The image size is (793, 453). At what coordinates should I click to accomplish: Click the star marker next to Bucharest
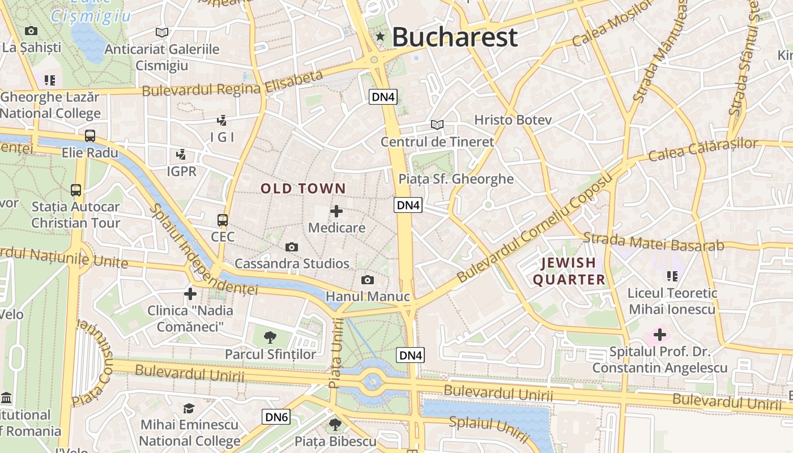380,37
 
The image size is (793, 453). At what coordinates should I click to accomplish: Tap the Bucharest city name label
454,37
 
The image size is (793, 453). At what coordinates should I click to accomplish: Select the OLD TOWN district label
303,189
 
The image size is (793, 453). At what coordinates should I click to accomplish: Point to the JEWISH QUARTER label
569,271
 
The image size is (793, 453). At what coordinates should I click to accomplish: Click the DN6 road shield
277,418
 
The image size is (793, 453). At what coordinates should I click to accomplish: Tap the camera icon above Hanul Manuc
367,280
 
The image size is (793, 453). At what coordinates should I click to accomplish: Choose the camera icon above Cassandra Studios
292,247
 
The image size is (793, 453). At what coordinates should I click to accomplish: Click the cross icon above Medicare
336,211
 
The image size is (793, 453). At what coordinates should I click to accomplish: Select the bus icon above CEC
223,220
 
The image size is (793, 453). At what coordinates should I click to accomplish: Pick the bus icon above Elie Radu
89,136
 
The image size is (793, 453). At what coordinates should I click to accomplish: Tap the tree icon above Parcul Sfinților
270,337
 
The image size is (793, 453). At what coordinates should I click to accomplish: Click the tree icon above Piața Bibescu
335,424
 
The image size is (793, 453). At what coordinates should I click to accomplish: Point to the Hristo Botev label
513,120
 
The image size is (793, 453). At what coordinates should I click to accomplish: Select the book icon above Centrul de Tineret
437,125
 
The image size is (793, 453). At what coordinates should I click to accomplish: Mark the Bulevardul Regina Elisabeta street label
232,84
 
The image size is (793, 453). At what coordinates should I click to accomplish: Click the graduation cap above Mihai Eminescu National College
189,408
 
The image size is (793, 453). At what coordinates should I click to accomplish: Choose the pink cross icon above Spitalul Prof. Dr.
659,335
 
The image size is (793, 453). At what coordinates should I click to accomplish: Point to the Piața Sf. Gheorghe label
456,180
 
